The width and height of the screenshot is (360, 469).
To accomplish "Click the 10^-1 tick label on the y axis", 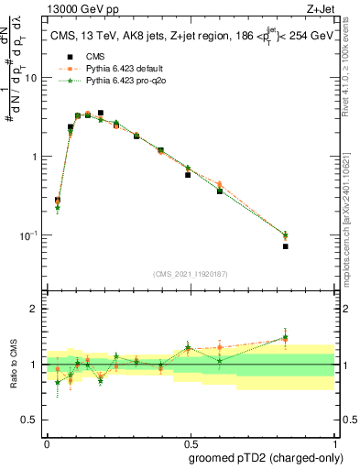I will (x=29, y=235).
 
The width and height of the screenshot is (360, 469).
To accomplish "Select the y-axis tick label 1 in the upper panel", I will (x=35, y=157).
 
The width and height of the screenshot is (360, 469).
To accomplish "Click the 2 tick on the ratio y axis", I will (x=35, y=310).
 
